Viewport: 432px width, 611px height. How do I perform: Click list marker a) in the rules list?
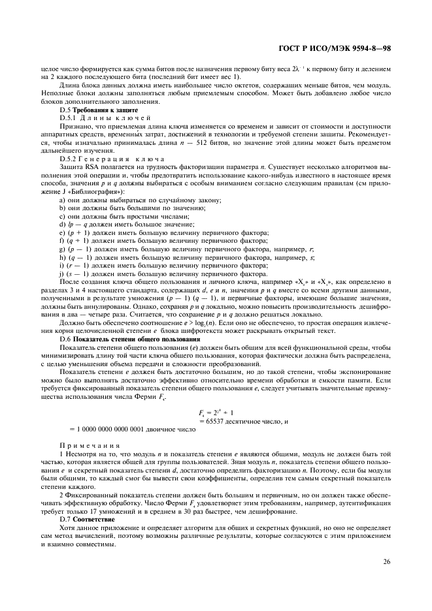62,201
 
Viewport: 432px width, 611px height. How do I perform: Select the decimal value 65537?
218,422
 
